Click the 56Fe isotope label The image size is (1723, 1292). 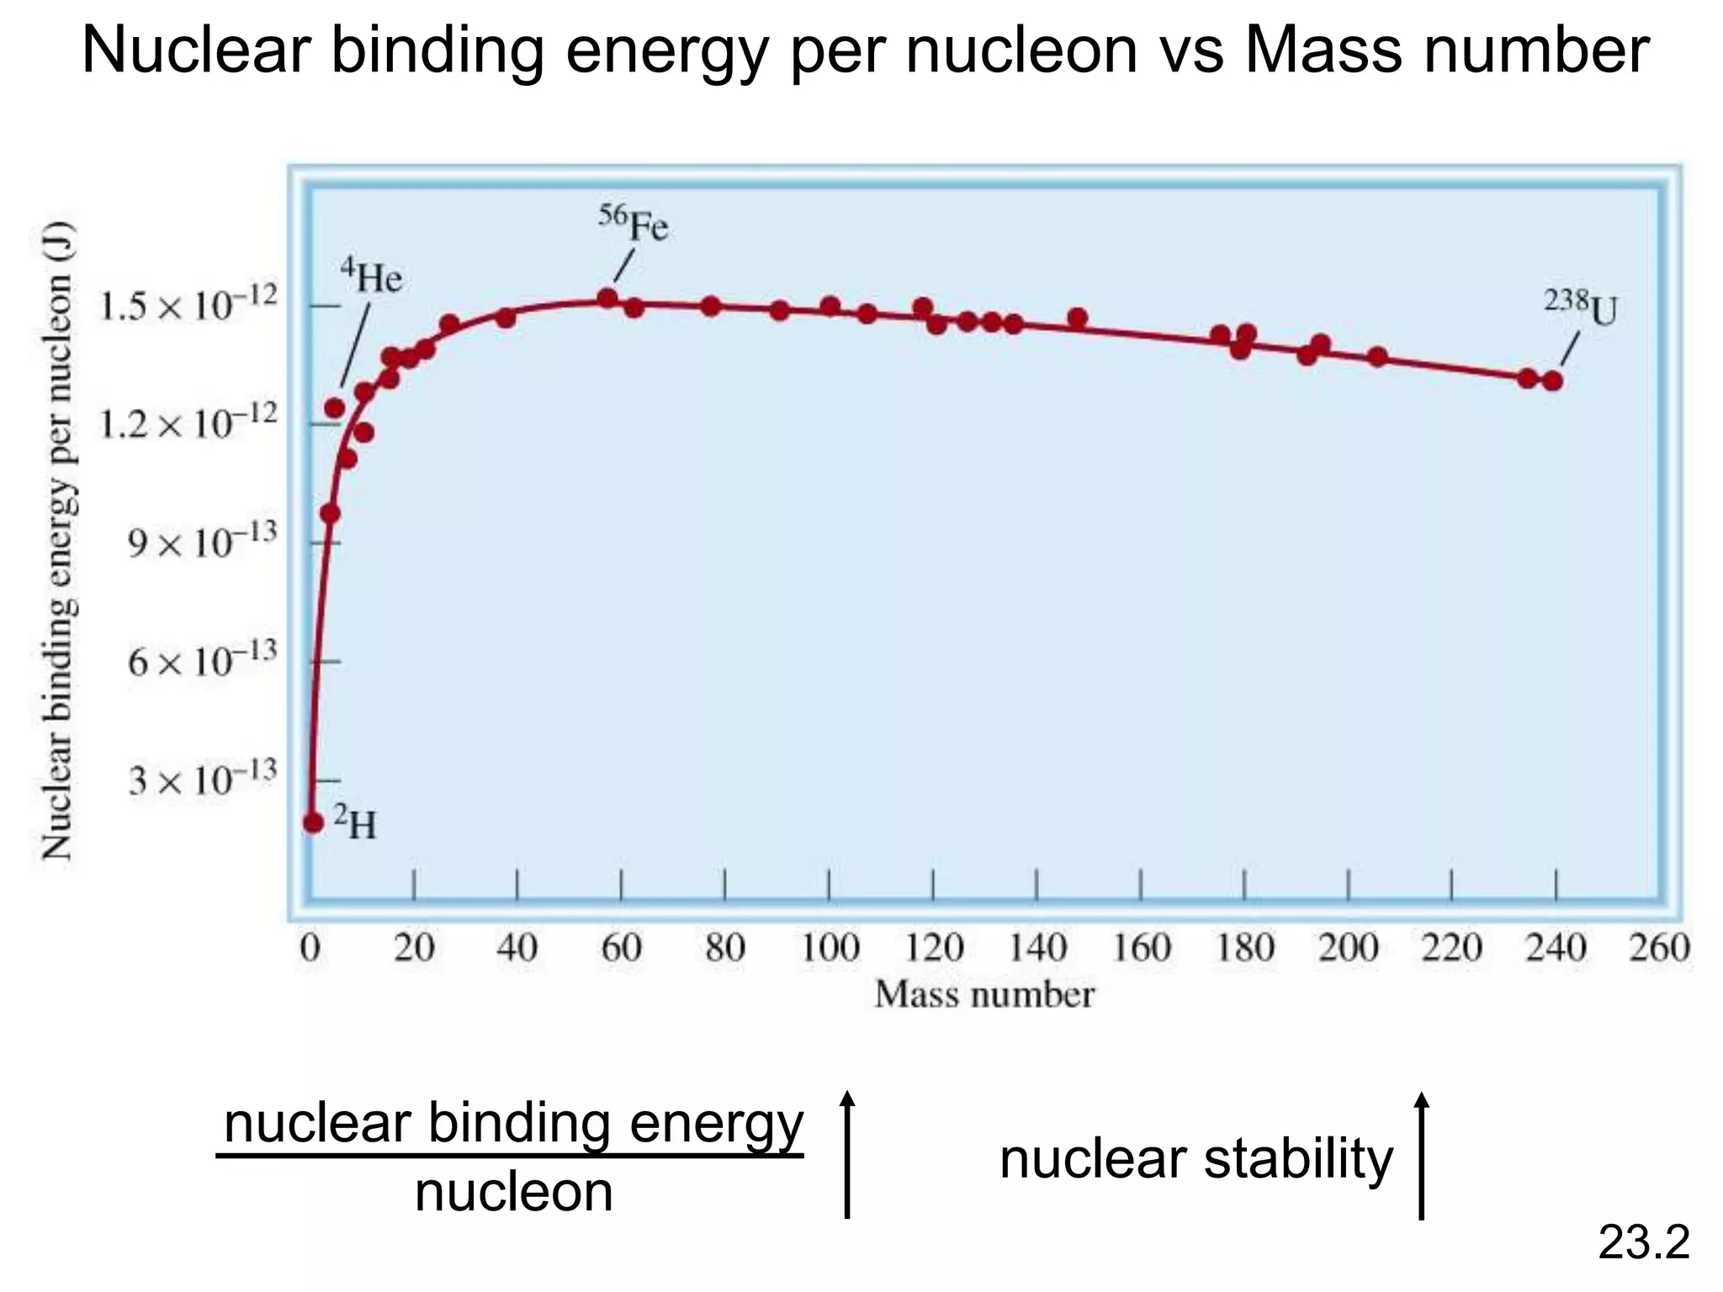[x=634, y=225]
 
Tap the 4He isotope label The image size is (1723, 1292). [x=371, y=277]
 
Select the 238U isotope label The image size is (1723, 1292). [x=1580, y=309]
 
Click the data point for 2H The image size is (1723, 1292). [x=313, y=822]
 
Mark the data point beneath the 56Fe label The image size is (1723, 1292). [x=607, y=299]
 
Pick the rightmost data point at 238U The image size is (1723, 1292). [x=1553, y=381]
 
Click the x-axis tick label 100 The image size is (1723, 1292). [x=830, y=949]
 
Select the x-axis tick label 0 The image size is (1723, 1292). [x=310, y=949]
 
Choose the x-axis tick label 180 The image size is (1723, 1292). [x=1245, y=949]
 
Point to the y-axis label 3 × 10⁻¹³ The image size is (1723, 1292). [x=202, y=779]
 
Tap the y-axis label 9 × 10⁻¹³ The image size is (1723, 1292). [x=202, y=543]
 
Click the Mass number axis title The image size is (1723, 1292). [x=984, y=995]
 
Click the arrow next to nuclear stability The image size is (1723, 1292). [x=1422, y=1156]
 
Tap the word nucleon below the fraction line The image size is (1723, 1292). [x=514, y=1192]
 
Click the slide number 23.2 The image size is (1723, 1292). [x=1643, y=1242]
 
